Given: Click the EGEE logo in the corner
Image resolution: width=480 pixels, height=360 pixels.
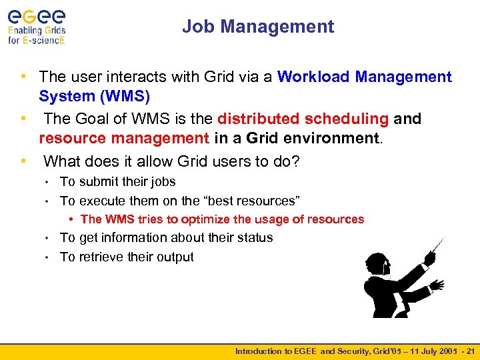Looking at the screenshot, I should click(37, 15).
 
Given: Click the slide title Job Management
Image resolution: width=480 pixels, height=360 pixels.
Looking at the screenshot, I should click(258, 27).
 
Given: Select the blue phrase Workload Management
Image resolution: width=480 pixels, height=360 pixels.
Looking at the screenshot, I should click(364, 77).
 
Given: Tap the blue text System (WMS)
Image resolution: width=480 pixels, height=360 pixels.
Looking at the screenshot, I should click(94, 97).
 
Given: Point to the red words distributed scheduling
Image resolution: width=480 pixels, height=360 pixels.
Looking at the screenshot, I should click(303, 119).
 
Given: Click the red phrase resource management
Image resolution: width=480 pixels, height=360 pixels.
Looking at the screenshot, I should click(123, 139).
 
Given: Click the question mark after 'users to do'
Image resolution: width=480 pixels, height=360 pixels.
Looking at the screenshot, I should click(296, 161).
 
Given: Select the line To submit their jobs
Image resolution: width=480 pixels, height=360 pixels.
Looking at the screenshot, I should click(117, 181).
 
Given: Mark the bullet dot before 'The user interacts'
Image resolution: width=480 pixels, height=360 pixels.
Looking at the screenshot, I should click(23, 77).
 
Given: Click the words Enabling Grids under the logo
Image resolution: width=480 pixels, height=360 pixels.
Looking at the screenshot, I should click(37, 30).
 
